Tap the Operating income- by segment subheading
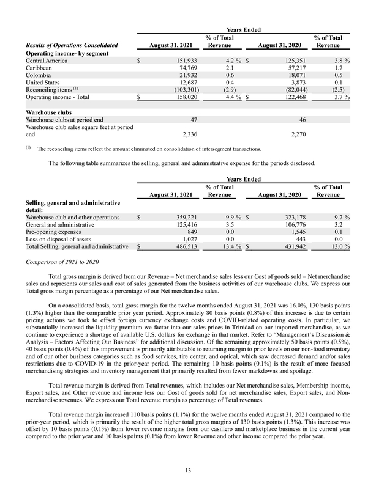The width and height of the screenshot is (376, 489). pos(68,53)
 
